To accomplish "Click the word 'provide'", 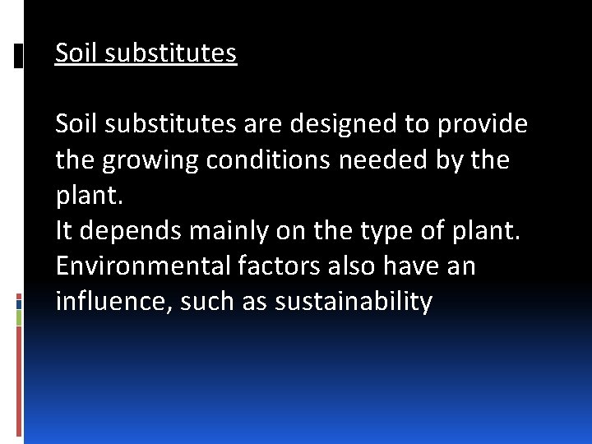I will tap(483, 124).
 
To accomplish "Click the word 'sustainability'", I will tap(354, 303).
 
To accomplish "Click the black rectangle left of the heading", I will tap(18, 55).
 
